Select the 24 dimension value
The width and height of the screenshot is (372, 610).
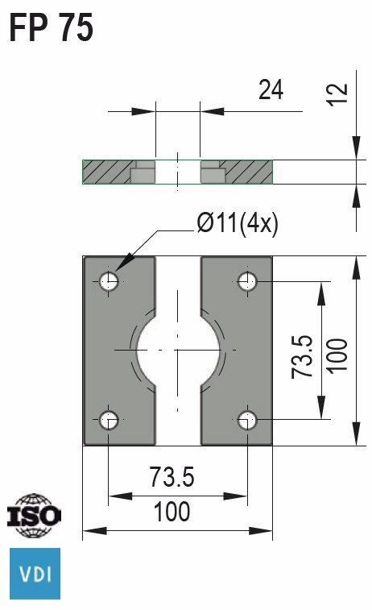coord(271,89)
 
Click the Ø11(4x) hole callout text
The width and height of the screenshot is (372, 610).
coord(238,223)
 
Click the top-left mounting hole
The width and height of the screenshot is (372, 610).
coord(109,281)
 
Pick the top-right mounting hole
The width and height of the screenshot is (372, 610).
coord(247,281)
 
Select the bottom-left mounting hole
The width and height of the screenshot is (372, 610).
coord(109,419)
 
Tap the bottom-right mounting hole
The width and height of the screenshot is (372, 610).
coord(247,419)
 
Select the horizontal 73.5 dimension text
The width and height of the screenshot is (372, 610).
coord(172,478)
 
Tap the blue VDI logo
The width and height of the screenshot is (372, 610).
coord(34,575)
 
